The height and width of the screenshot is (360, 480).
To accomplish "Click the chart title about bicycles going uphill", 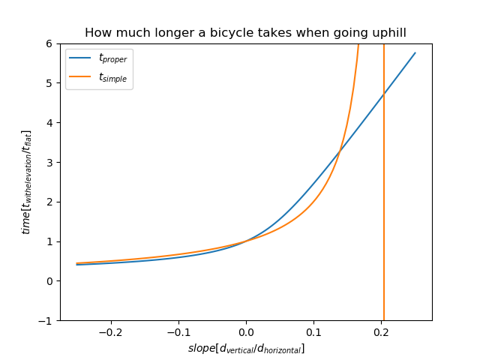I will [x=245, y=33].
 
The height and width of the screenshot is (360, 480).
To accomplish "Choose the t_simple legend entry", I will [x=100, y=77].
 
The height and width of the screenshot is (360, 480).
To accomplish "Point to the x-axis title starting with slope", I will [x=246, y=349].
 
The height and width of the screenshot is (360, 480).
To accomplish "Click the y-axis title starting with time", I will [x=27, y=182].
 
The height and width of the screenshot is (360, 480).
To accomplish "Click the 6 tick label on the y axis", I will [x=49, y=43].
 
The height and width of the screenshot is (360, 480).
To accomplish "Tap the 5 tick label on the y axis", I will [x=49, y=83].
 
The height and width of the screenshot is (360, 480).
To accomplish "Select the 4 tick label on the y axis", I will [x=49, y=123].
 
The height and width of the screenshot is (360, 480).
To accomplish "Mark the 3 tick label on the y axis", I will [x=49, y=162].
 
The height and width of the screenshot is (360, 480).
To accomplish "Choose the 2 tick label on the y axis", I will [x=49, y=202].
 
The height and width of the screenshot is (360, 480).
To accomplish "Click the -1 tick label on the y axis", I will [x=46, y=320].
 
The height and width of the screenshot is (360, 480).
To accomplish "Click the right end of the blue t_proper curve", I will [x=415, y=53].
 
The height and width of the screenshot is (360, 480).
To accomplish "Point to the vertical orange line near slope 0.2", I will [x=384, y=225].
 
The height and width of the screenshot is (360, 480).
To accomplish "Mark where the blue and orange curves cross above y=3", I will [x=340, y=151].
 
